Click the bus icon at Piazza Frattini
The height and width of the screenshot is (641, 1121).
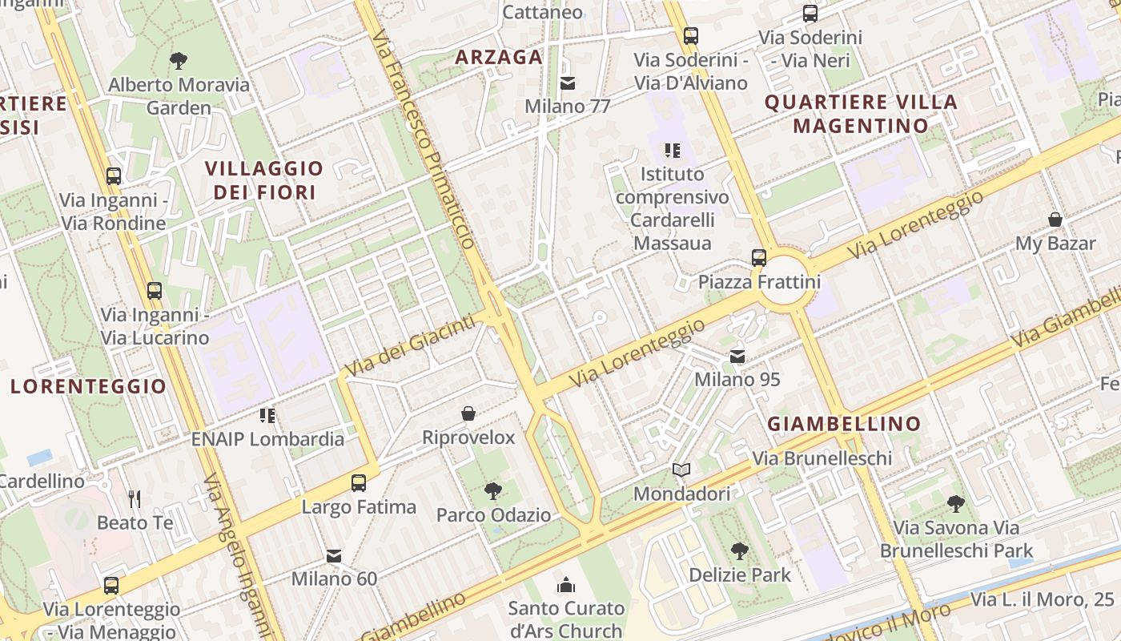(759, 258)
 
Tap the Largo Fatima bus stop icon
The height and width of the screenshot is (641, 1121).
(359, 483)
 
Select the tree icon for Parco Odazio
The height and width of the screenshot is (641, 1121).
(493, 491)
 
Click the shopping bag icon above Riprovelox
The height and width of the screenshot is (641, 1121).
(468, 413)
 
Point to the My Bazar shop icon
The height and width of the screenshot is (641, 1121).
(1055, 220)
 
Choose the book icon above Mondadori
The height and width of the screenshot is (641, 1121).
(681, 470)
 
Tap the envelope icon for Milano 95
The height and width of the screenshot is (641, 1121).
(737, 356)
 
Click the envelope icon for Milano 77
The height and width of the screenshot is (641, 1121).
(568, 83)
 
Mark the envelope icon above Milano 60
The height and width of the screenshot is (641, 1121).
(334, 555)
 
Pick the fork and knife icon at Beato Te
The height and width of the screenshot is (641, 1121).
(135, 499)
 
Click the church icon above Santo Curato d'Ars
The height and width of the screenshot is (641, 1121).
(566, 585)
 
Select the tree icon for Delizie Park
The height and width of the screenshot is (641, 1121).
(740, 551)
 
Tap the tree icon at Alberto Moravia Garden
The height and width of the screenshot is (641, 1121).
(179, 60)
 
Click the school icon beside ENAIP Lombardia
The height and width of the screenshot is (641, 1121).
(267, 415)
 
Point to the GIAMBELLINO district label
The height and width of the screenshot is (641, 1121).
(844, 424)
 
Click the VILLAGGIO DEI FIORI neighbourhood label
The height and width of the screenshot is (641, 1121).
(263, 180)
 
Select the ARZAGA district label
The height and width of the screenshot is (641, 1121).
(499, 57)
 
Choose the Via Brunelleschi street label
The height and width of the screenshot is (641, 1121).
(822, 458)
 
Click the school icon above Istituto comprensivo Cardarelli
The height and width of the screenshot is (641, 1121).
(673, 150)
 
